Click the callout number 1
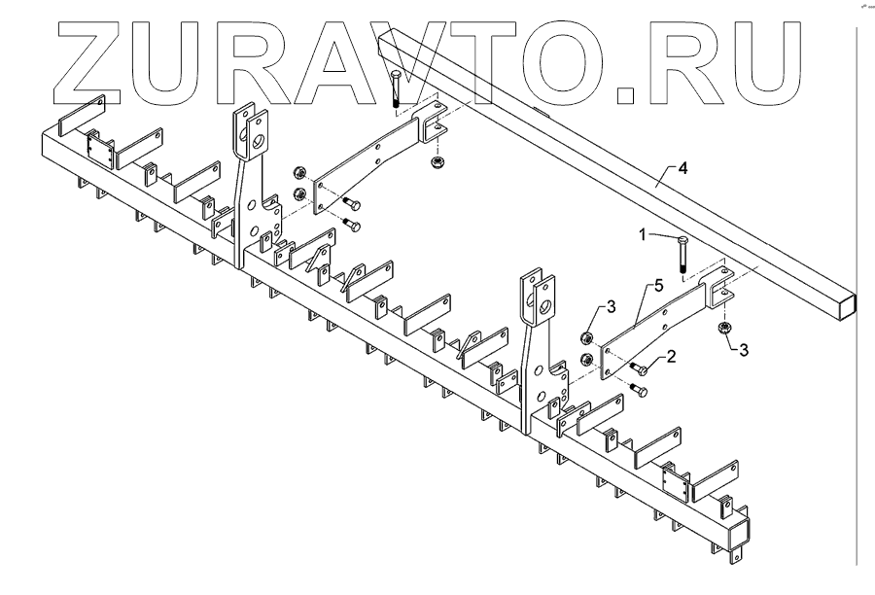pyautogui.click(x=642, y=234)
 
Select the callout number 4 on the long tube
pyautogui.click(x=682, y=169)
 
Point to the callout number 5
pyautogui.click(x=658, y=286)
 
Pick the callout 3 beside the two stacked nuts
pyautogui.click(x=611, y=308)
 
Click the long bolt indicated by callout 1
pyautogui.click(x=682, y=255)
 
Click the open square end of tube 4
pyautogui.click(x=852, y=303)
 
